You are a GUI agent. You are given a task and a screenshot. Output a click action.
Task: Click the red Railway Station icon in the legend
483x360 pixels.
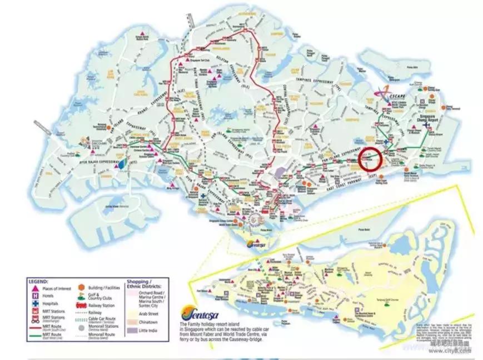tap(81, 306)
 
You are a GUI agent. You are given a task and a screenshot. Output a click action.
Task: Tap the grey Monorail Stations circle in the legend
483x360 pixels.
tap(81, 328)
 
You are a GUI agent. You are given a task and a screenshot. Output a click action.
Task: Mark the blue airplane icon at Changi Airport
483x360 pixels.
tap(426, 126)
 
